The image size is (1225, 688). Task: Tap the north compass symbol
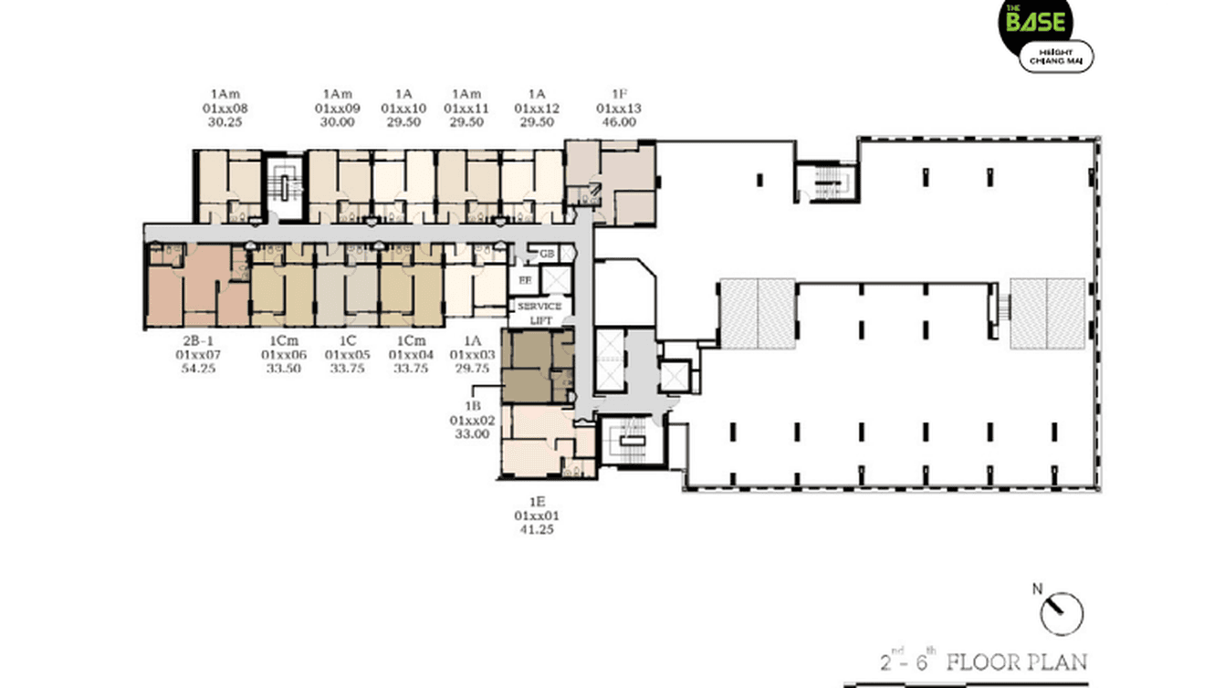click(1061, 613)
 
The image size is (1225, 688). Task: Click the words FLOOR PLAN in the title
click(1016, 660)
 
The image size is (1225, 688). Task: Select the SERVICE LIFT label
click(539, 313)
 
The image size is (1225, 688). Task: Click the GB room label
click(547, 254)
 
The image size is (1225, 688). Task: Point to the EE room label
click(525, 280)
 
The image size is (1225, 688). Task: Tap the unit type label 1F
click(619, 94)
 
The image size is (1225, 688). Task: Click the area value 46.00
click(619, 121)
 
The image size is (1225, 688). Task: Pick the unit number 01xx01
click(537, 516)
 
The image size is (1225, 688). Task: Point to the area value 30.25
click(225, 121)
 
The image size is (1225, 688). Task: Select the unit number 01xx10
click(403, 108)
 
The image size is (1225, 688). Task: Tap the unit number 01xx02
click(471, 420)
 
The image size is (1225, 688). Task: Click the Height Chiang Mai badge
click(1056, 57)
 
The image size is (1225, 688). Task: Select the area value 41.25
click(537, 529)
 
